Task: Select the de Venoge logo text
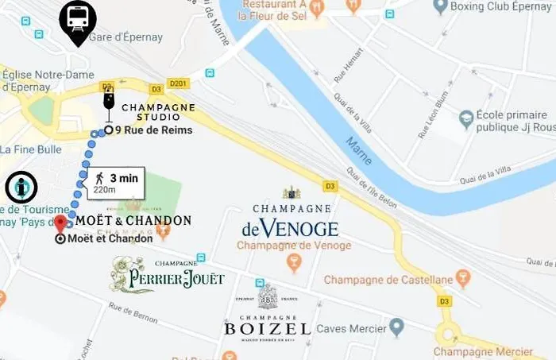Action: pos(291,230)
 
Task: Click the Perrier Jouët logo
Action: pos(168,275)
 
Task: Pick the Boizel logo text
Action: pos(267,328)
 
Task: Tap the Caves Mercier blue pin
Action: pos(397,327)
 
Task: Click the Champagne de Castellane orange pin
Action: pos(464,279)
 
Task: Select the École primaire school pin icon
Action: pos(466,117)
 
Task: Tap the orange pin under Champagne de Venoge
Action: pos(294,263)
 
